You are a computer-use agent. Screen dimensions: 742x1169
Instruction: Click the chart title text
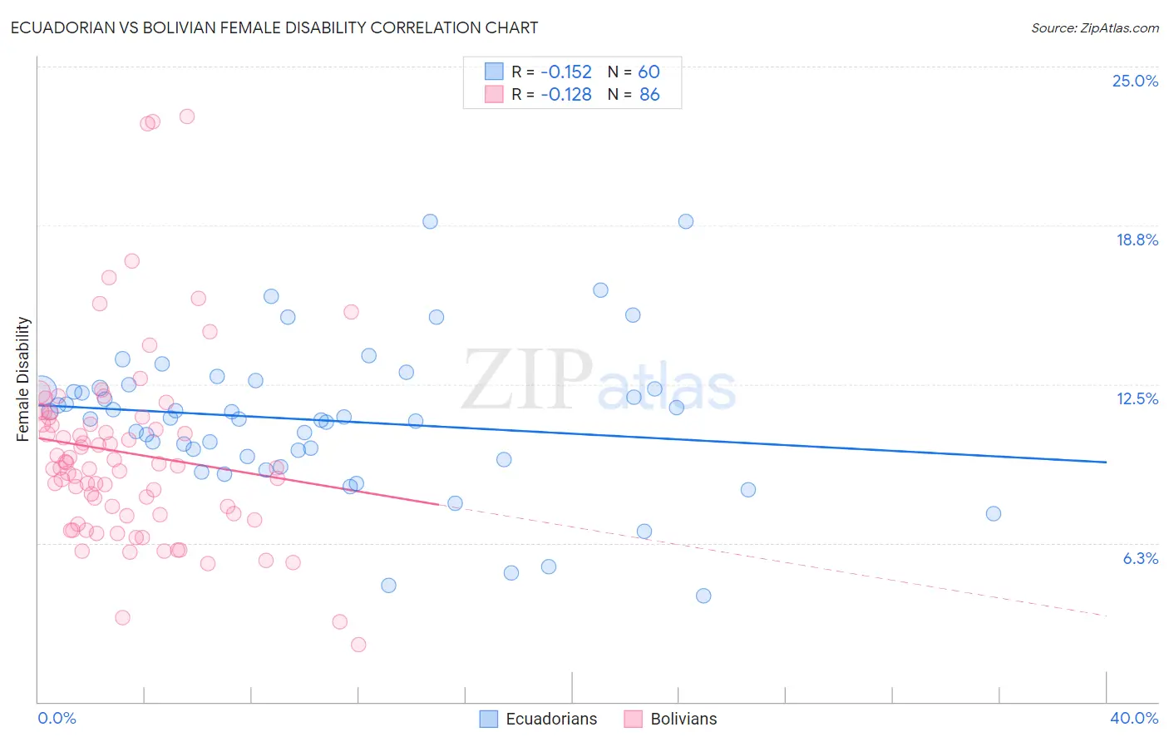(274, 27)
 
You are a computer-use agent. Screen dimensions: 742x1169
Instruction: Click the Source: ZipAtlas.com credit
(1094, 28)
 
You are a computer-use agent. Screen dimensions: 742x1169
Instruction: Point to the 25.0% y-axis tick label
(1134, 81)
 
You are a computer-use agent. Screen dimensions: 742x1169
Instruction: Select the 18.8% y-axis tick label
(1136, 240)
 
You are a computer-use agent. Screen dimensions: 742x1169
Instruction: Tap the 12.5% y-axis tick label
(1136, 398)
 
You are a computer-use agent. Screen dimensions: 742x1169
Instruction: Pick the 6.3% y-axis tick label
(1140, 558)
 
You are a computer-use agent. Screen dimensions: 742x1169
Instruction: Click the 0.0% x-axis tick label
(57, 718)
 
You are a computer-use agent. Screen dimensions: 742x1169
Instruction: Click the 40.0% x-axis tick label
(1133, 718)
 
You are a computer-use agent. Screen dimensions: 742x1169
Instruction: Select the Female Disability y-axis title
(23, 378)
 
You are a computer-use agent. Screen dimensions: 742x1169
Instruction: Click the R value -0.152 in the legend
(565, 72)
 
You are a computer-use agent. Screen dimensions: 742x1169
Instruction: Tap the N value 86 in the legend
(649, 95)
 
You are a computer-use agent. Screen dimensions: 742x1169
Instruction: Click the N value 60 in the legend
(649, 72)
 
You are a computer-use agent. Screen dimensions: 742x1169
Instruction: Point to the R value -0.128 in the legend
(565, 95)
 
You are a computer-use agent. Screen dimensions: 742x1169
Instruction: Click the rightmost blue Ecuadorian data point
(993, 513)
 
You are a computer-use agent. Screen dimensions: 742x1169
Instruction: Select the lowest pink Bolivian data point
(358, 645)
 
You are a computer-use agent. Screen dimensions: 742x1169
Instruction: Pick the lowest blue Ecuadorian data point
(703, 596)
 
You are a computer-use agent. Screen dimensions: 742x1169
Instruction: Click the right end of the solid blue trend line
(1106, 462)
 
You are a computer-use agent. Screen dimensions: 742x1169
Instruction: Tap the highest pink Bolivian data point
(187, 116)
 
